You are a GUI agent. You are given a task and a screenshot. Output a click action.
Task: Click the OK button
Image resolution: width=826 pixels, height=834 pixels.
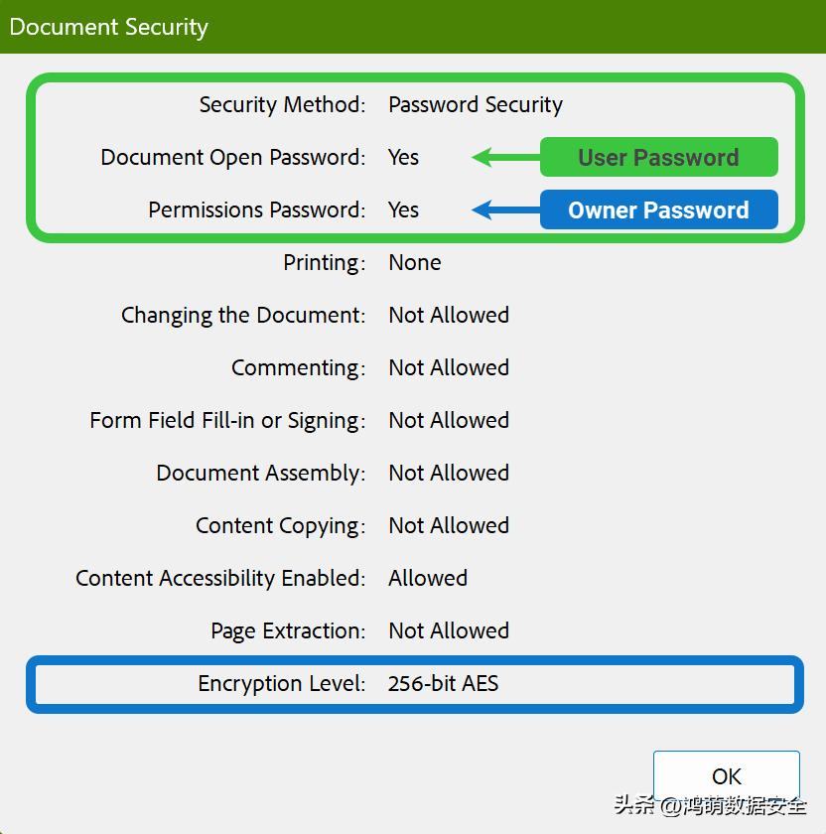click(726, 776)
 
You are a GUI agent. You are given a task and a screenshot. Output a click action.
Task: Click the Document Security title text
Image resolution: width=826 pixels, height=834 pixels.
click(109, 27)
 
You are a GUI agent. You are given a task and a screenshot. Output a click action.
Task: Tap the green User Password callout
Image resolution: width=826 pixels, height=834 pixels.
click(658, 157)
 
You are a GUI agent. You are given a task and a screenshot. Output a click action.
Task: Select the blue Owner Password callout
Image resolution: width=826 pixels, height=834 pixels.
click(658, 209)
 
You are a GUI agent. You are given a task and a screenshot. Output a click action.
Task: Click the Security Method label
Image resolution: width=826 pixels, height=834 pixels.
click(282, 104)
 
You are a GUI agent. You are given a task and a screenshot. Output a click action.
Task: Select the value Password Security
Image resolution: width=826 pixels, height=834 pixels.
click(476, 104)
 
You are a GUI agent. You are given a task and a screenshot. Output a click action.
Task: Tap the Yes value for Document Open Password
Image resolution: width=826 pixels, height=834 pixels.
click(404, 157)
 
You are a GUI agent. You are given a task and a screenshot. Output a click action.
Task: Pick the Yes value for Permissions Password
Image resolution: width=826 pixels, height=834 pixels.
click(404, 209)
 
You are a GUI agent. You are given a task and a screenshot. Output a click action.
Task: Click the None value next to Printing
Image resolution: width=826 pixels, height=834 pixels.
click(415, 262)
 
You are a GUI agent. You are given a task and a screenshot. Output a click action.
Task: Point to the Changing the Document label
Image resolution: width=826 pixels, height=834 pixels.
click(243, 315)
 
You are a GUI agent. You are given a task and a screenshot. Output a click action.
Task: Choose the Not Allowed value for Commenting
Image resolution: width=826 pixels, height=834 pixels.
click(449, 367)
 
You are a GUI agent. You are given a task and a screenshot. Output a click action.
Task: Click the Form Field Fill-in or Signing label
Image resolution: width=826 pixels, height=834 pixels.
click(227, 420)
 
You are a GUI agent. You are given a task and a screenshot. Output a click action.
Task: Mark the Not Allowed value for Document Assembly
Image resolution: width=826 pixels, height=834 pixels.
click(449, 473)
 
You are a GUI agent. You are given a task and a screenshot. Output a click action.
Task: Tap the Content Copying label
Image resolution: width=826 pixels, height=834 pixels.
click(280, 525)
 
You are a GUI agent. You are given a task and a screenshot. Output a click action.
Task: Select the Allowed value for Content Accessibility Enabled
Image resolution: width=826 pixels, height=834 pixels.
click(428, 578)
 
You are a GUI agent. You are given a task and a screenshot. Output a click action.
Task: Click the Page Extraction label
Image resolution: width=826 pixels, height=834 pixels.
click(288, 630)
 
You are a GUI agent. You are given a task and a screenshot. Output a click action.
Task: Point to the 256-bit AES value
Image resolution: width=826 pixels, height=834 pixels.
click(444, 683)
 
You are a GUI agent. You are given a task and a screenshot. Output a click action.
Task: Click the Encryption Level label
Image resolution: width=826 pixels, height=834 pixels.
click(282, 683)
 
